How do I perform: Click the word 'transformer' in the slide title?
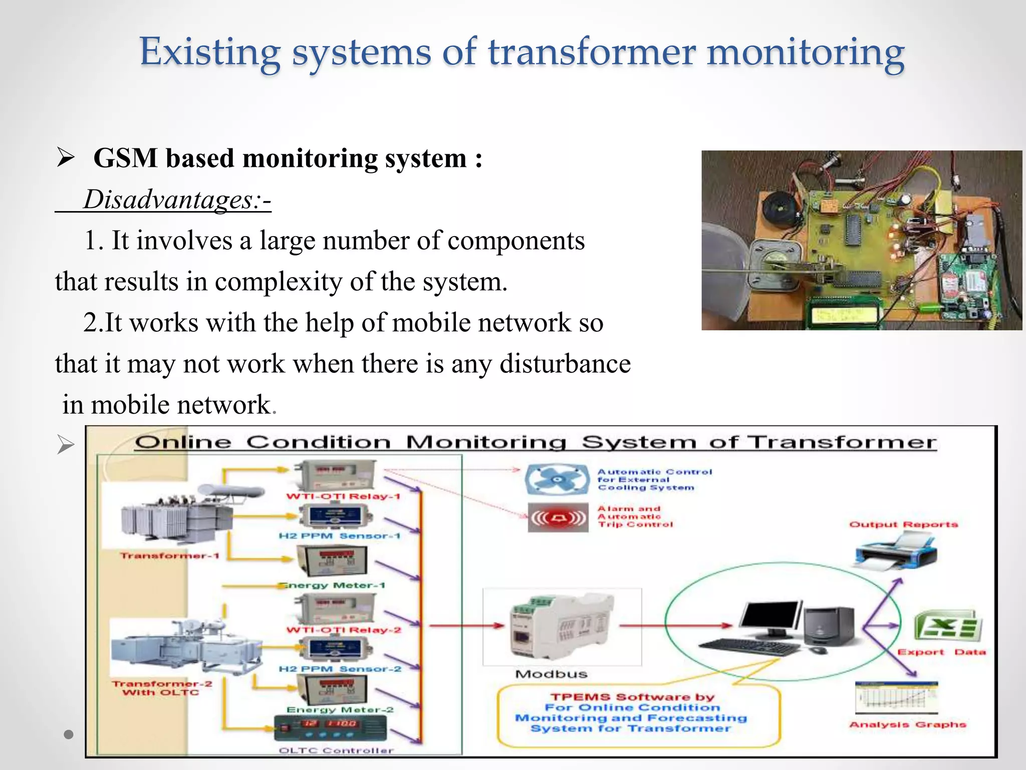click(x=591, y=53)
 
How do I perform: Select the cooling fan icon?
click(x=557, y=479)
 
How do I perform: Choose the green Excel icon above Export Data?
click(x=947, y=627)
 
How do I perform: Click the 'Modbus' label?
click(x=551, y=674)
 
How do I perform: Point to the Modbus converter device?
click(x=561, y=627)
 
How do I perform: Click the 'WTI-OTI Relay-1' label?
click(x=343, y=496)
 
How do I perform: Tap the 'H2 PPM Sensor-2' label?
click(x=340, y=669)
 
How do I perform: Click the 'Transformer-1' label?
click(x=169, y=555)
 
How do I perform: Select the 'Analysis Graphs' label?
click(x=907, y=724)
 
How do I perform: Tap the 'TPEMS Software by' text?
click(x=632, y=697)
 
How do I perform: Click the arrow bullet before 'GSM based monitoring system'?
click(x=66, y=158)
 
